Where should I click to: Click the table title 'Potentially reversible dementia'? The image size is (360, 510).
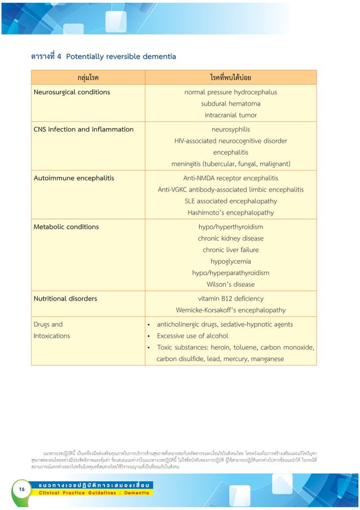tap(121, 56)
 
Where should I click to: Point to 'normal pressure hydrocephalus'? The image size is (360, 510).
tap(230, 92)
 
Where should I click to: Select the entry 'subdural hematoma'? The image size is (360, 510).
tap(230, 103)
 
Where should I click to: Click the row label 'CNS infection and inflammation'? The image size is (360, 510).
tap(84, 129)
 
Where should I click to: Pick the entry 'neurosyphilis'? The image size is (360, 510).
tap(230, 129)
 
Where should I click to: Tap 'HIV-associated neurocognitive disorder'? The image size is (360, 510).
tap(230, 141)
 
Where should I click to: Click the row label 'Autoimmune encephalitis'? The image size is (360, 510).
tap(74, 178)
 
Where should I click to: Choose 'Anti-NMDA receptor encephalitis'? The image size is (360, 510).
tap(230, 178)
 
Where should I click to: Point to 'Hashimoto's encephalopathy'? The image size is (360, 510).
tap(230, 213)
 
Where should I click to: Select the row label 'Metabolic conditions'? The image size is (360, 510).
tap(66, 226)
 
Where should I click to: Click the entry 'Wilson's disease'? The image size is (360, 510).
tap(230, 284)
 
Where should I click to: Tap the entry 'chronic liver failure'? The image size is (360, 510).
tap(230, 250)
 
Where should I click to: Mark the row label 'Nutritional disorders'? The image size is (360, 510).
tap(65, 298)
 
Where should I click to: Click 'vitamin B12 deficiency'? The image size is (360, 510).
tap(230, 298)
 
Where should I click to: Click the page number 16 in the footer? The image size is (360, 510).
tap(21, 489)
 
